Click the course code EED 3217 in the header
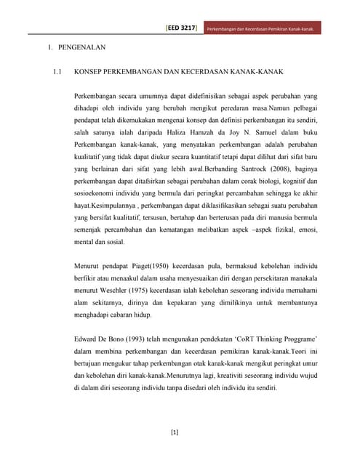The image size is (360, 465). click(181, 29)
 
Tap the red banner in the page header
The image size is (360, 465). click(260, 29)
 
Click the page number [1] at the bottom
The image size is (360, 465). click(175, 433)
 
